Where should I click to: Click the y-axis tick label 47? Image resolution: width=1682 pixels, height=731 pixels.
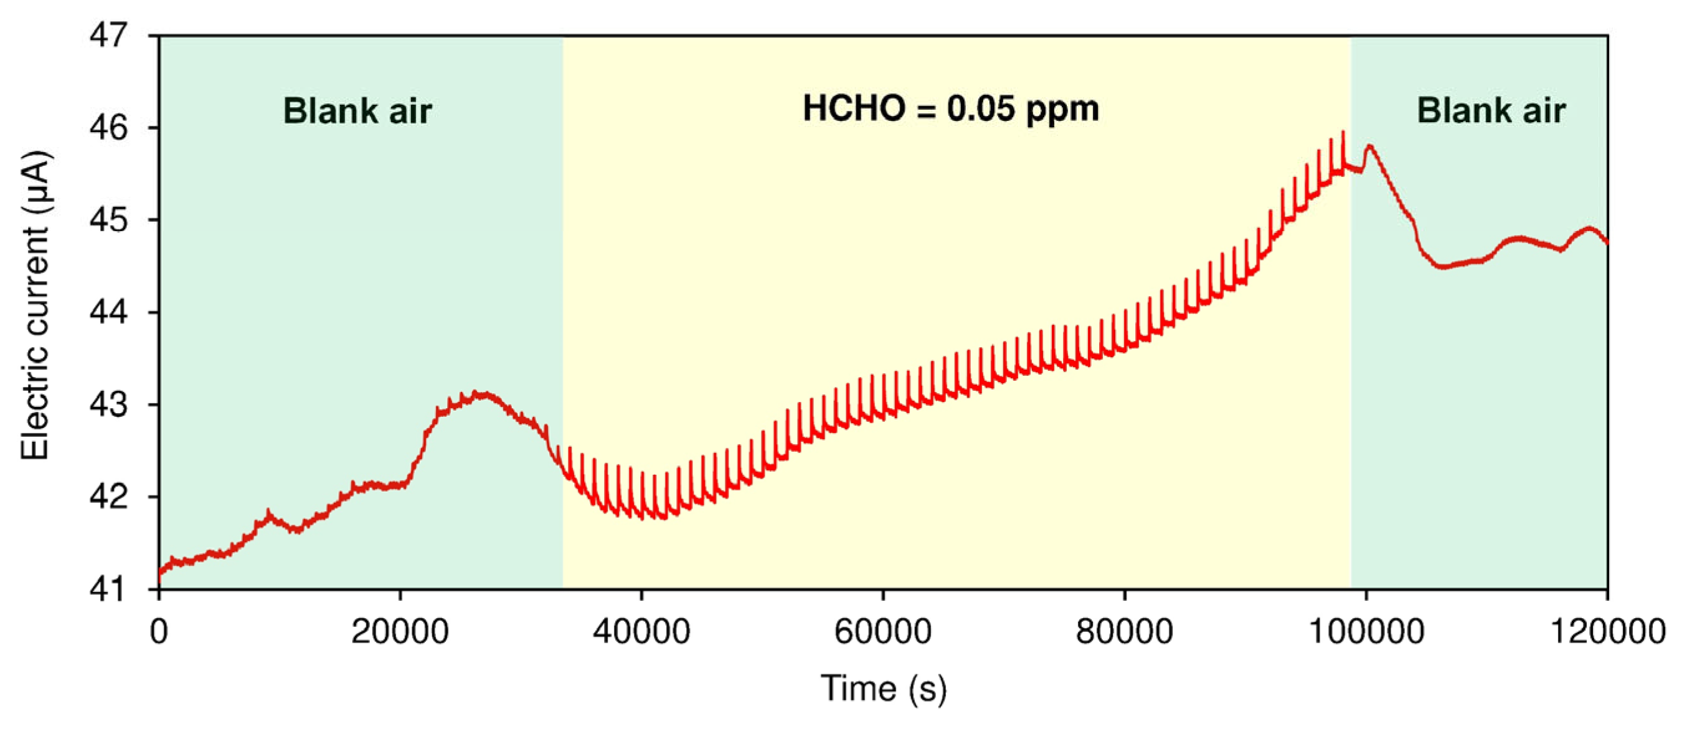click(107, 36)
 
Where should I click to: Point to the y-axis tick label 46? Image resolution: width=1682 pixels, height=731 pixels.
click(107, 128)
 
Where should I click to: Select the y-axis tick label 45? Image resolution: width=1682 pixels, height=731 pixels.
click(107, 220)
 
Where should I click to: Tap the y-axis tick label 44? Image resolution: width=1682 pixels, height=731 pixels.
click(107, 313)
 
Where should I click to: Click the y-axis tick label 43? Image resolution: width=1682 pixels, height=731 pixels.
click(107, 405)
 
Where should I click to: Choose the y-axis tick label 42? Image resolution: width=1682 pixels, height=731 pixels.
click(107, 497)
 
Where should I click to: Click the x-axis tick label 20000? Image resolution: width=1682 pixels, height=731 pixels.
click(400, 633)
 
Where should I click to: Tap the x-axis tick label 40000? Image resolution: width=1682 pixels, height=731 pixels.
click(641, 633)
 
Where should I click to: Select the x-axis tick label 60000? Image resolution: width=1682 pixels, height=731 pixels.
click(883, 633)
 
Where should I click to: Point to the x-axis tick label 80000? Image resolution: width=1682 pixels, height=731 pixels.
click(1125, 633)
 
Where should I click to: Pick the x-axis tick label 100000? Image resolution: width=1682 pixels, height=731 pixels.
click(1366, 633)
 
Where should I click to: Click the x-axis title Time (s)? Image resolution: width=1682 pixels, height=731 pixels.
click(883, 689)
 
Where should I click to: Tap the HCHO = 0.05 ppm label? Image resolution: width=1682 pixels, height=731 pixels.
click(951, 108)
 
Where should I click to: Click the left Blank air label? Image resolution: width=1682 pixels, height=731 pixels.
click(357, 111)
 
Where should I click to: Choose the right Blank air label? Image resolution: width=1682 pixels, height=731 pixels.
click(1491, 111)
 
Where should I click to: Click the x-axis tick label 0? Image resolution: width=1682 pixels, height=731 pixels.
click(159, 633)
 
